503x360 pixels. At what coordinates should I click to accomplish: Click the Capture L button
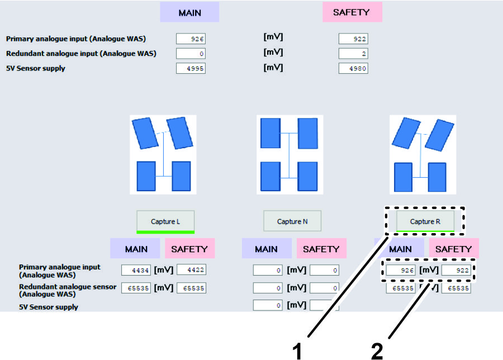[x=165, y=221]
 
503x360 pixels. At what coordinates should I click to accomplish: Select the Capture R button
[x=425, y=221]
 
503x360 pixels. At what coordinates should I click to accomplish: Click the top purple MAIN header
[x=189, y=13]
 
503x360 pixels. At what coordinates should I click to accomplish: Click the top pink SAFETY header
[x=352, y=13]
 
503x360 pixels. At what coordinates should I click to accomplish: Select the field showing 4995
[x=191, y=69]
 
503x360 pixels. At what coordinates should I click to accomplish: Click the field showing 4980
[x=353, y=69]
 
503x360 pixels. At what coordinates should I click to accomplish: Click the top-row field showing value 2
[x=353, y=54]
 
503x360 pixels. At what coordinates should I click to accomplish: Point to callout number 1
[x=298, y=350]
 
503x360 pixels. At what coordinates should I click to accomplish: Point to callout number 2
[x=377, y=350]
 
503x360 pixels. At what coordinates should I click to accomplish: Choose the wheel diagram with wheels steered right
[x=424, y=154]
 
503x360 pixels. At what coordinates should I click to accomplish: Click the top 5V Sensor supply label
[x=35, y=69]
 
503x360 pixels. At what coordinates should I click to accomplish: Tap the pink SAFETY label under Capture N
[x=321, y=249]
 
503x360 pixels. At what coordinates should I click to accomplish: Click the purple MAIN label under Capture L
[x=136, y=249]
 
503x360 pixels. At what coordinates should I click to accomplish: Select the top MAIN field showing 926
[x=191, y=39]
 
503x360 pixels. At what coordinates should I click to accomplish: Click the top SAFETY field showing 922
[x=353, y=39]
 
